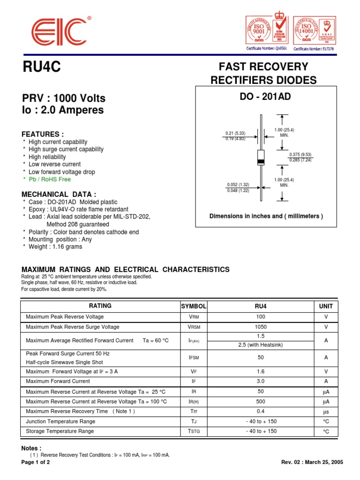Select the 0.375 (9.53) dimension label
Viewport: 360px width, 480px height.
click(300, 155)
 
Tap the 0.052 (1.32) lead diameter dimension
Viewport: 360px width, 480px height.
click(238, 185)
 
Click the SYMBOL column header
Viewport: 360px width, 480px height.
click(194, 306)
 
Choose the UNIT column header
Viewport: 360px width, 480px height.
click(326, 306)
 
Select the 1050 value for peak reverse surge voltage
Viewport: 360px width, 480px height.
click(261, 327)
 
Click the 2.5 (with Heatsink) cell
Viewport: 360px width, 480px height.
click(261, 345)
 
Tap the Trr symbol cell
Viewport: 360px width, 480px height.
click(194, 412)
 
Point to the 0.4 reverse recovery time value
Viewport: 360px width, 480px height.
click(261, 412)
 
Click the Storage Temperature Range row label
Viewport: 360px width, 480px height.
click(60, 431)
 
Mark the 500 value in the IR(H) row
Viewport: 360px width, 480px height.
click(261, 402)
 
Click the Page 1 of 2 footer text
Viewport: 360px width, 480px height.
click(36, 462)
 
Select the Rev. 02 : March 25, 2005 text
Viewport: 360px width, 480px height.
click(312, 462)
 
